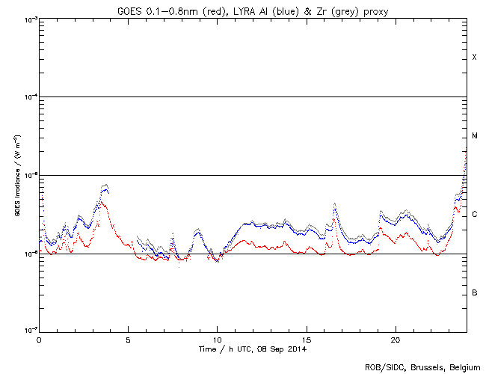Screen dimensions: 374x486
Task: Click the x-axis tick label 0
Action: (39, 339)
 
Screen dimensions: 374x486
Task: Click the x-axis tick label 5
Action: (128, 339)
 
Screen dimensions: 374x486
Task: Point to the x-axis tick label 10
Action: (217, 339)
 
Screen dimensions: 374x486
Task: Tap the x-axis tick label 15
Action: (306, 339)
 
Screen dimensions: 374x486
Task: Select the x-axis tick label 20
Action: (395, 339)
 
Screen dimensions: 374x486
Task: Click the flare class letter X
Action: (474, 58)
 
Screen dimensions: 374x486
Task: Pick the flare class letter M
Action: (474, 136)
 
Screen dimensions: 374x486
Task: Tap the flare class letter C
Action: (474, 215)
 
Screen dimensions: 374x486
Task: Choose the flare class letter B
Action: (474, 292)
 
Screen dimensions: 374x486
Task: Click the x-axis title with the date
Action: (253, 349)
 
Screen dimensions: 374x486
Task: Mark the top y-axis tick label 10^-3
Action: (28, 19)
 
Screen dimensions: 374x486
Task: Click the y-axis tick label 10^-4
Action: (28, 97)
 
